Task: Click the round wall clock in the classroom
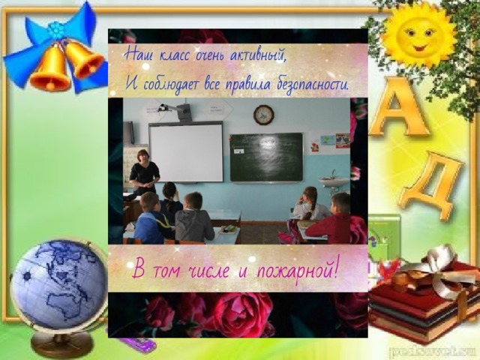tap(263, 115)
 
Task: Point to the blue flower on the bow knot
tap(56, 30)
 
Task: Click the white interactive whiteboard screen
tap(187, 153)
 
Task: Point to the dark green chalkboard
tap(266, 157)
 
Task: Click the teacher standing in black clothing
tap(143, 172)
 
